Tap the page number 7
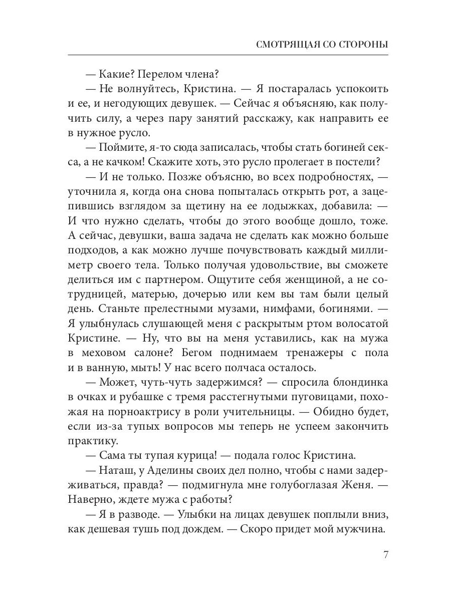pos(385,554)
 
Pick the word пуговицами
pos(303,397)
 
